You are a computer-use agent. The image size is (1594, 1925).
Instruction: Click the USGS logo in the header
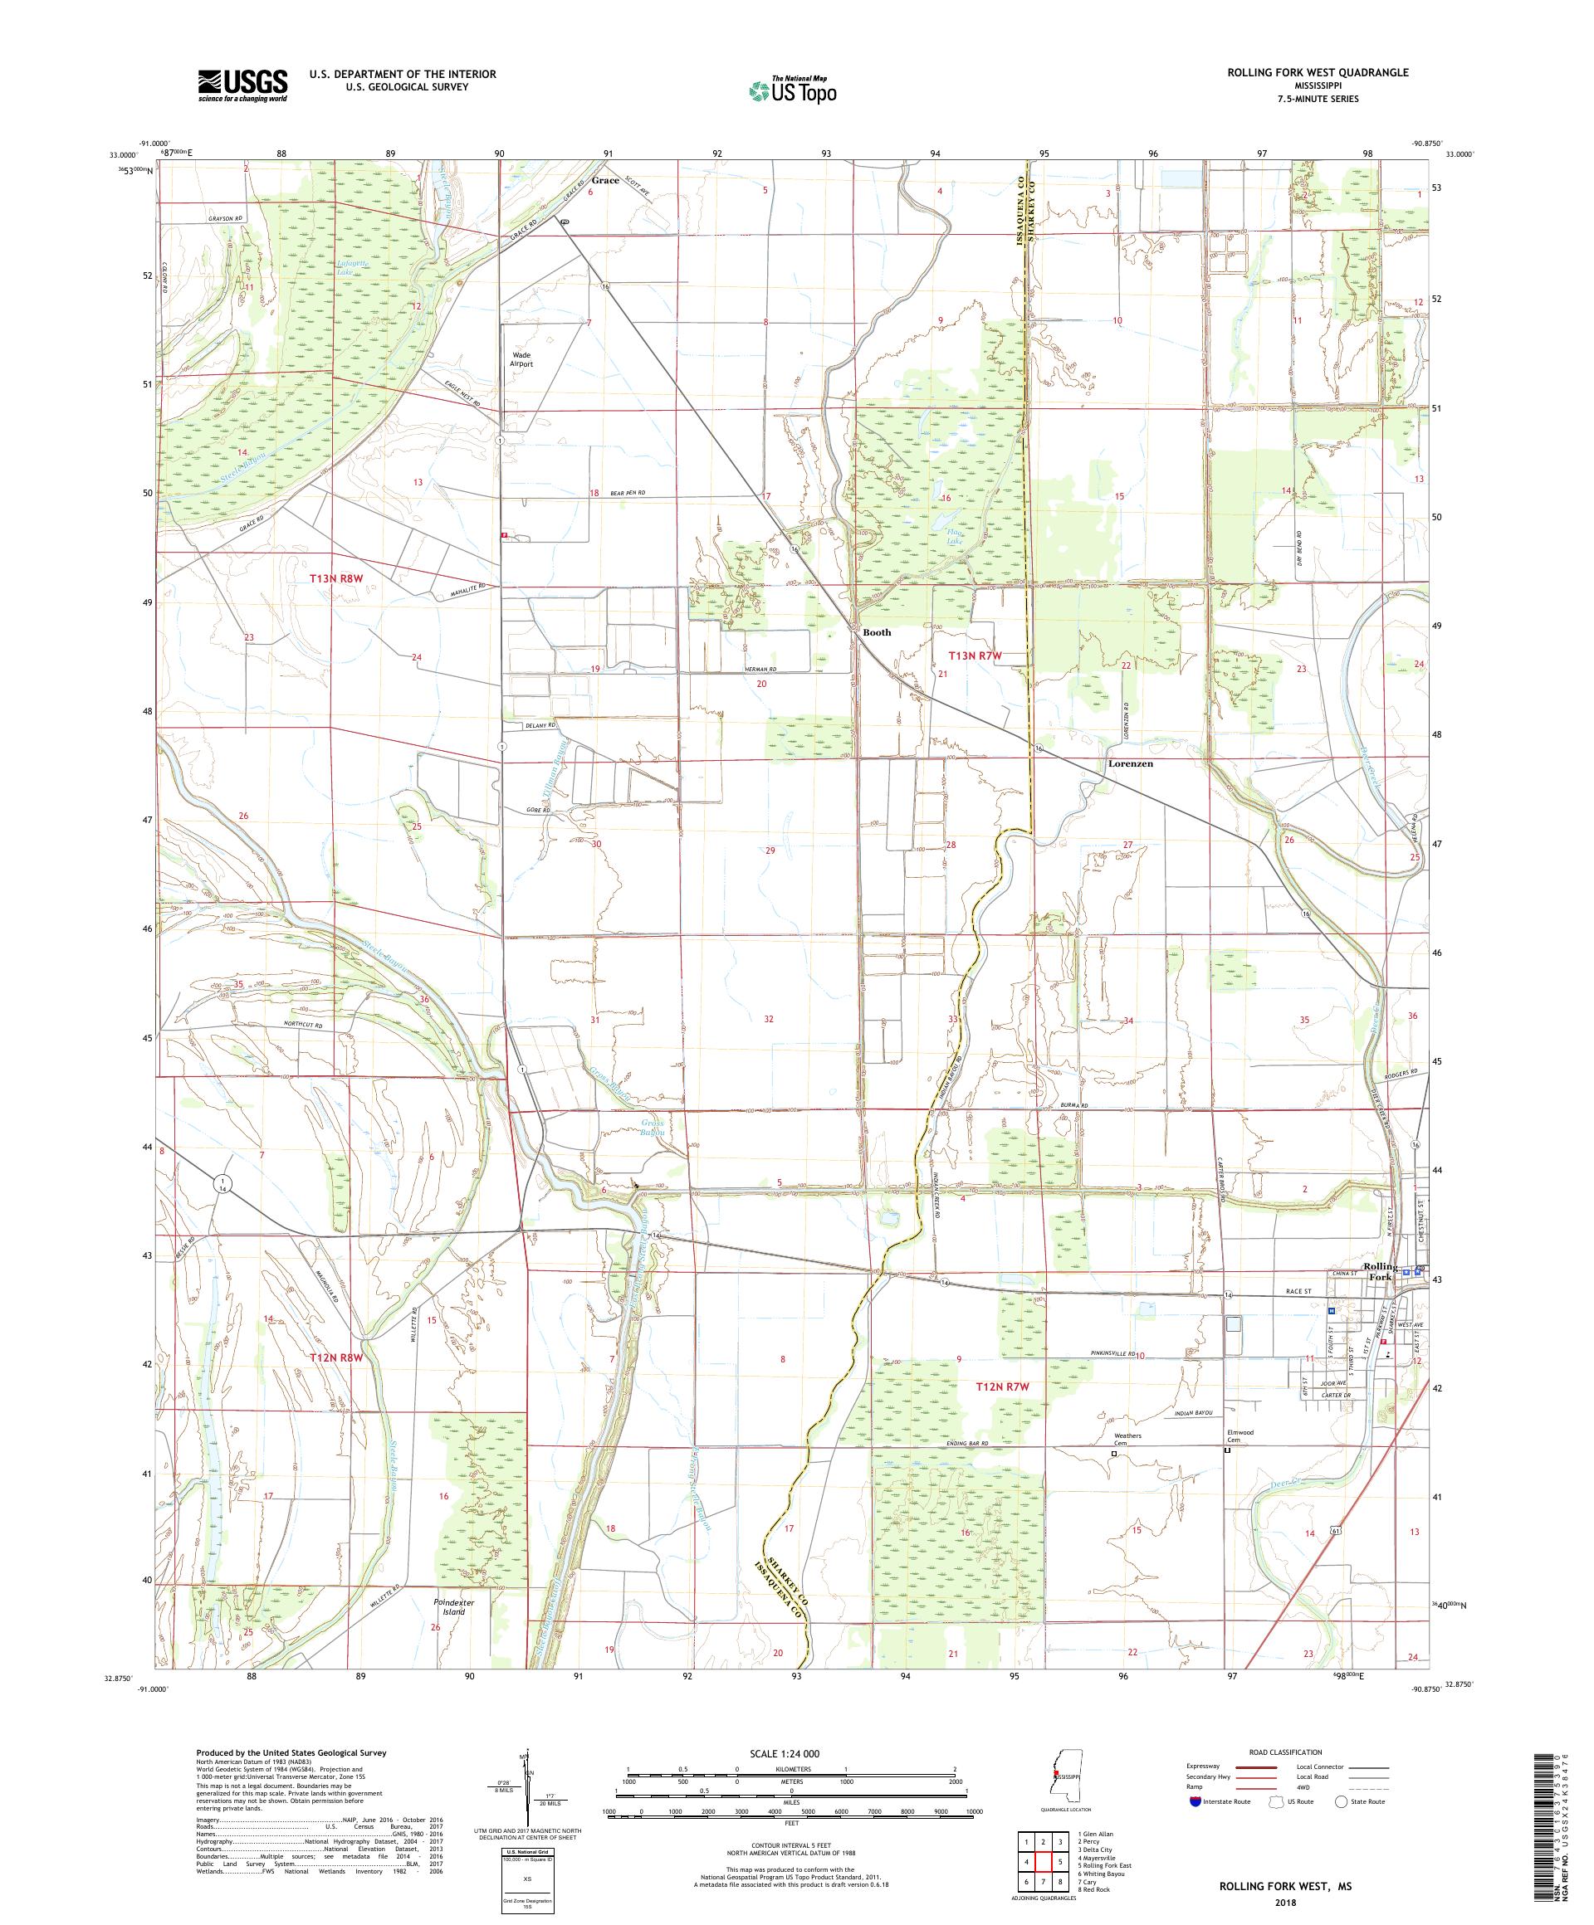pos(242,86)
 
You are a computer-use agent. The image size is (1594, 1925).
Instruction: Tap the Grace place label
pos(605,181)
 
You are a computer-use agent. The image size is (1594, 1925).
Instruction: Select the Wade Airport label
pos(521,359)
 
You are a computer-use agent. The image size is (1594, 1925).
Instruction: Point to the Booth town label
pos(876,632)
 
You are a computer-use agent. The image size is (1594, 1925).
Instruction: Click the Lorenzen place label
pos(1130,763)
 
